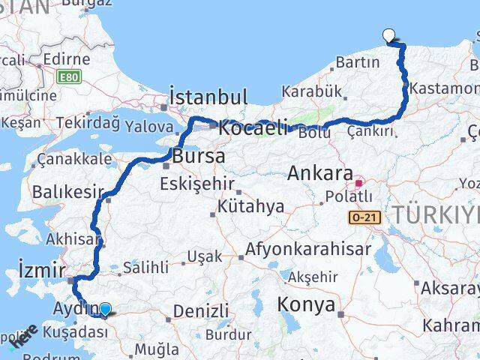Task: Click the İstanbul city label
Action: (208, 97)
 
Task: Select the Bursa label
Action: (198, 157)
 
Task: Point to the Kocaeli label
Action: (253, 128)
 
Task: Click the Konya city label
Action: (306, 304)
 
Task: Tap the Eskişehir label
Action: (202, 183)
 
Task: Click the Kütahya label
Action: (251, 205)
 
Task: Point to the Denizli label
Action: (200, 310)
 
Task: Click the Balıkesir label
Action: (65, 192)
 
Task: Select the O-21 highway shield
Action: (360, 217)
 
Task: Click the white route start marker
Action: (388, 34)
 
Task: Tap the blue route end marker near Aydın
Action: (106, 308)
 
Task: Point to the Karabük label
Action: (313, 91)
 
